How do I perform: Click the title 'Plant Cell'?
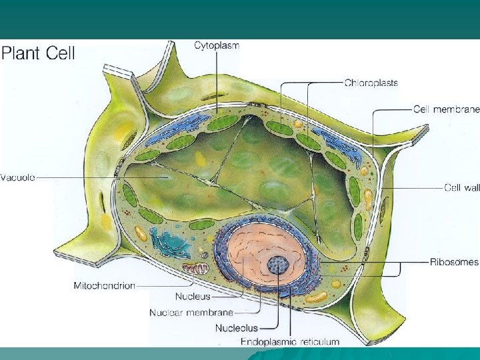tap(38, 53)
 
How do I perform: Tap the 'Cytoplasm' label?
tap(217, 45)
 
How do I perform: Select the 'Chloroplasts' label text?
tap(371, 83)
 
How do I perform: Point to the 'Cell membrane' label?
tap(446, 109)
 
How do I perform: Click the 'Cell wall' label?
tap(461, 188)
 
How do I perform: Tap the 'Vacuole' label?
tap(18, 177)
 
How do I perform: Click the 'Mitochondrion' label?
tap(104, 285)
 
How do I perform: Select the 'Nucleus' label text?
tap(193, 296)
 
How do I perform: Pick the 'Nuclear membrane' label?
tap(191, 312)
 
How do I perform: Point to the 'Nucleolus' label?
tap(236, 327)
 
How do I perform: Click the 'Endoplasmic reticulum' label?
tap(290, 341)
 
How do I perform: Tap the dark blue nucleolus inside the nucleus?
tap(277, 265)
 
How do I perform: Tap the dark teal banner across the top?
tap(240, 19)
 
